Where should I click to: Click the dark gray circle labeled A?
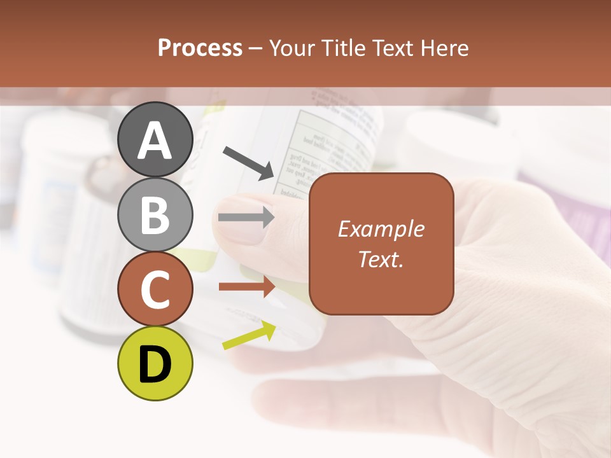[155, 139]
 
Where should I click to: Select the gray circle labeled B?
[155, 214]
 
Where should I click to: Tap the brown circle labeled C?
[155, 289]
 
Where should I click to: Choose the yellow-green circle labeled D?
[155, 363]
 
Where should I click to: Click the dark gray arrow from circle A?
[249, 163]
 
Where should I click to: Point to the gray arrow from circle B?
[246, 218]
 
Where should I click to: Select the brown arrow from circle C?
[247, 287]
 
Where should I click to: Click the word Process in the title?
[200, 48]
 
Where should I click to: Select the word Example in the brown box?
[381, 229]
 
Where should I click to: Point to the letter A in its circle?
[155, 141]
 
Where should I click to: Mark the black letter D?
[155, 364]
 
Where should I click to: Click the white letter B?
[155, 215]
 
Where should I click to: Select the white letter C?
[155, 290]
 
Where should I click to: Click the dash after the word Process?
[256, 48]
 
